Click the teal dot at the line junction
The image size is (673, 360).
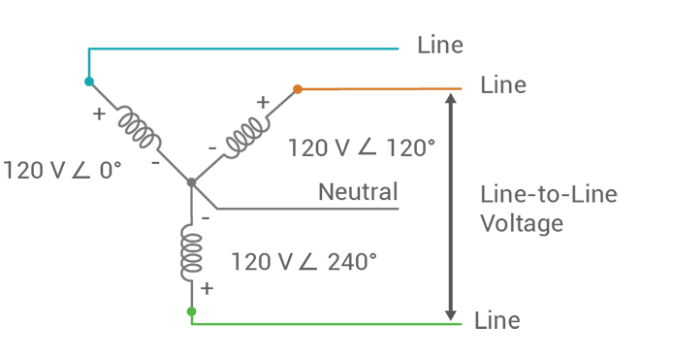point(89,82)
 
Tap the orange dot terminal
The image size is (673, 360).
point(298,89)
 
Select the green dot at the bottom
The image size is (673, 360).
point(191,311)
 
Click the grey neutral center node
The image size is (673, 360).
point(191,181)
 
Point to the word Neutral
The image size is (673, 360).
point(358,192)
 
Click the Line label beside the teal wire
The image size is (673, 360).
point(439,45)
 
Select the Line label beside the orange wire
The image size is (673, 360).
point(502,85)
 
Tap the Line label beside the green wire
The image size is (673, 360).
point(497,320)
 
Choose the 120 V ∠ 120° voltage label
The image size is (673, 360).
point(362,147)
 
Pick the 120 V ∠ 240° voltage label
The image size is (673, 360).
point(303,262)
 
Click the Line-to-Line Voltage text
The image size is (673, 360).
point(548,209)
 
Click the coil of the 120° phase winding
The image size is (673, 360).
point(245,134)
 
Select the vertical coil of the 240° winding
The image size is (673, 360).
point(192,251)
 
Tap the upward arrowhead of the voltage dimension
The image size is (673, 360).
point(449,95)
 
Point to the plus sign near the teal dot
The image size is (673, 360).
point(99,113)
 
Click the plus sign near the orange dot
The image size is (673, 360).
point(262,100)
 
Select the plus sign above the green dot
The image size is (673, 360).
point(207,288)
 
